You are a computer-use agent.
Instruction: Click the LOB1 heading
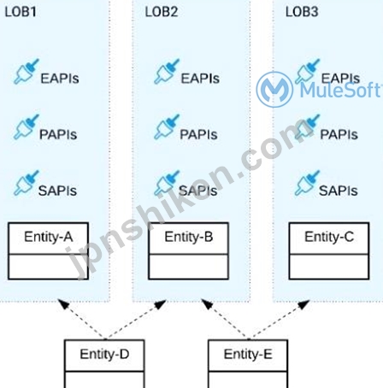pyautogui.click(x=21, y=12)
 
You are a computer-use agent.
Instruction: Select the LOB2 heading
pyautogui.click(x=162, y=12)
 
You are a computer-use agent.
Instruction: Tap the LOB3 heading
pyautogui.click(x=302, y=12)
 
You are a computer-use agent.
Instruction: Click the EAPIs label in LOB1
pyautogui.click(x=60, y=79)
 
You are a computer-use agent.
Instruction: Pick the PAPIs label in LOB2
pyautogui.click(x=198, y=134)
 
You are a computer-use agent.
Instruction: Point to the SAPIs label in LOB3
pyautogui.click(x=339, y=191)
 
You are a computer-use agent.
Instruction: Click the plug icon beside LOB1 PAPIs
pyautogui.click(x=27, y=126)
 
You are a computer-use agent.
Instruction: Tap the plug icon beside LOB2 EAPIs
pyautogui.click(x=167, y=71)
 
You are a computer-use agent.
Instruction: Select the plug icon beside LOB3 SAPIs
pyautogui.click(x=307, y=183)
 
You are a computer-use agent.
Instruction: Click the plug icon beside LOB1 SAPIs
pyautogui.click(x=27, y=183)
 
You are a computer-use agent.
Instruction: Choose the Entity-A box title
pyautogui.click(x=49, y=237)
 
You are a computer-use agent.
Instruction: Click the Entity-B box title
pyautogui.click(x=189, y=237)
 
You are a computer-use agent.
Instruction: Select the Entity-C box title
pyautogui.click(x=329, y=237)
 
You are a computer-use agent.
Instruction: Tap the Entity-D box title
pyautogui.click(x=104, y=354)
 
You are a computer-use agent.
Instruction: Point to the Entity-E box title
pyautogui.click(x=248, y=354)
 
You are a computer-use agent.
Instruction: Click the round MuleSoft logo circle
pyautogui.click(x=274, y=90)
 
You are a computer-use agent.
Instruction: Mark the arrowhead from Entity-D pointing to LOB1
pyautogui.click(x=63, y=303)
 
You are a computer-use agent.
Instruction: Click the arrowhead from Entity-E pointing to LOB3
pyautogui.click(x=303, y=304)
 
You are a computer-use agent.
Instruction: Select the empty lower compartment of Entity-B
pyautogui.click(x=189, y=267)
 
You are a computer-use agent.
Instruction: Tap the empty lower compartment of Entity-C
pyautogui.click(x=329, y=267)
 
